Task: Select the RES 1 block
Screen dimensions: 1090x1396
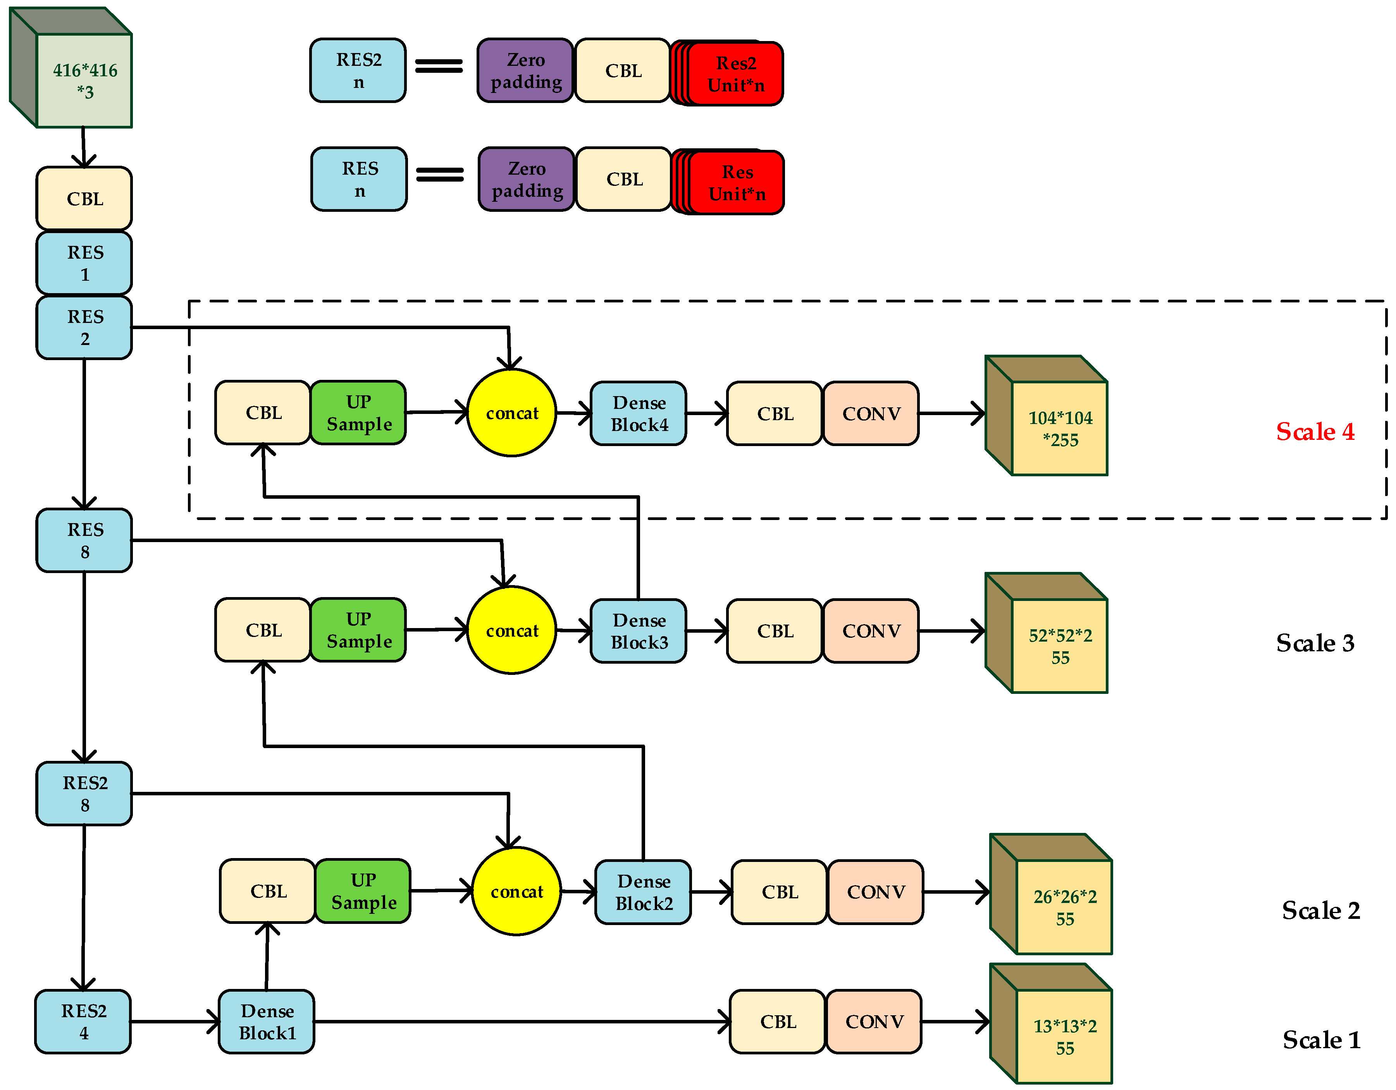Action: [x=84, y=263]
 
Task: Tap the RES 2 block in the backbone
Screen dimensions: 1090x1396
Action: [x=84, y=327]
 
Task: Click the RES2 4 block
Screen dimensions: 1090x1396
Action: [x=83, y=1021]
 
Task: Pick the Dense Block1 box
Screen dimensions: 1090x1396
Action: [x=267, y=1021]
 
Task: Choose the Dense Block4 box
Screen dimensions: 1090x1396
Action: [x=639, y=414]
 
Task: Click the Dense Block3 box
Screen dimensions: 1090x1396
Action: [x=639, y=631]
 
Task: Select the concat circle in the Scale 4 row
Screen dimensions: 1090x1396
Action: [x=511, y=413]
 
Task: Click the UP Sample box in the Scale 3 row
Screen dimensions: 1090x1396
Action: [x=358, y=630]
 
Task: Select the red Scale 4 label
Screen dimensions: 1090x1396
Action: [x=1315, y=432]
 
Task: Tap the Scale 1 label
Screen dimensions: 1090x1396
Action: [x=1320, y=1040]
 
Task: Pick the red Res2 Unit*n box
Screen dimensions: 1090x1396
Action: [x=735, y=74]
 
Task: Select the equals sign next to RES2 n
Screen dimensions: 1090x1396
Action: [x=439, y=66]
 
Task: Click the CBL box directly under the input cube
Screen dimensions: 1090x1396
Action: [x=84, y=198]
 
